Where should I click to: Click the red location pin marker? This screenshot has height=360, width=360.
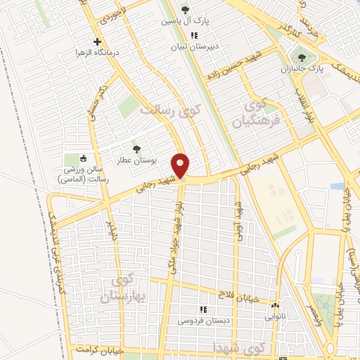(181, 166)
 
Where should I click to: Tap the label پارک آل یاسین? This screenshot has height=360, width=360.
(186, 20)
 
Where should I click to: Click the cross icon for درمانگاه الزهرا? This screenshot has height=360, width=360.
(97, 41)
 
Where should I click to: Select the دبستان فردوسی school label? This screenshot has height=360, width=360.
(202, 321)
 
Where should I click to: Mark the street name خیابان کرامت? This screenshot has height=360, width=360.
(101, 349)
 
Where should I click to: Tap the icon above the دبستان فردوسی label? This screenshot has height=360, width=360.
(202, 309)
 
